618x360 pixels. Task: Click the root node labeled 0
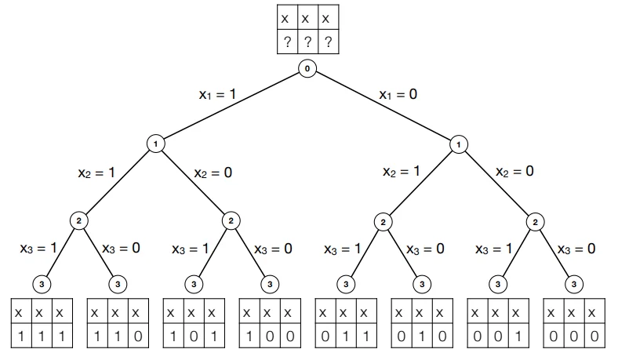[x=307, y=69]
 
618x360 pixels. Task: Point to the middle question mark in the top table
[x=307, y=43]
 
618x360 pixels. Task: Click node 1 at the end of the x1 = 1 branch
[x=155, y=144]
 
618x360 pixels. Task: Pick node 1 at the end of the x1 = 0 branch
[x=460, y=144]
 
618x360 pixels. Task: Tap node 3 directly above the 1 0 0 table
[x=269, y=282]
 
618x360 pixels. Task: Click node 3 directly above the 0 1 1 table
[x=345, y=282]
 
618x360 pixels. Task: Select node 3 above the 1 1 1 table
[x=41, y=282]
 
